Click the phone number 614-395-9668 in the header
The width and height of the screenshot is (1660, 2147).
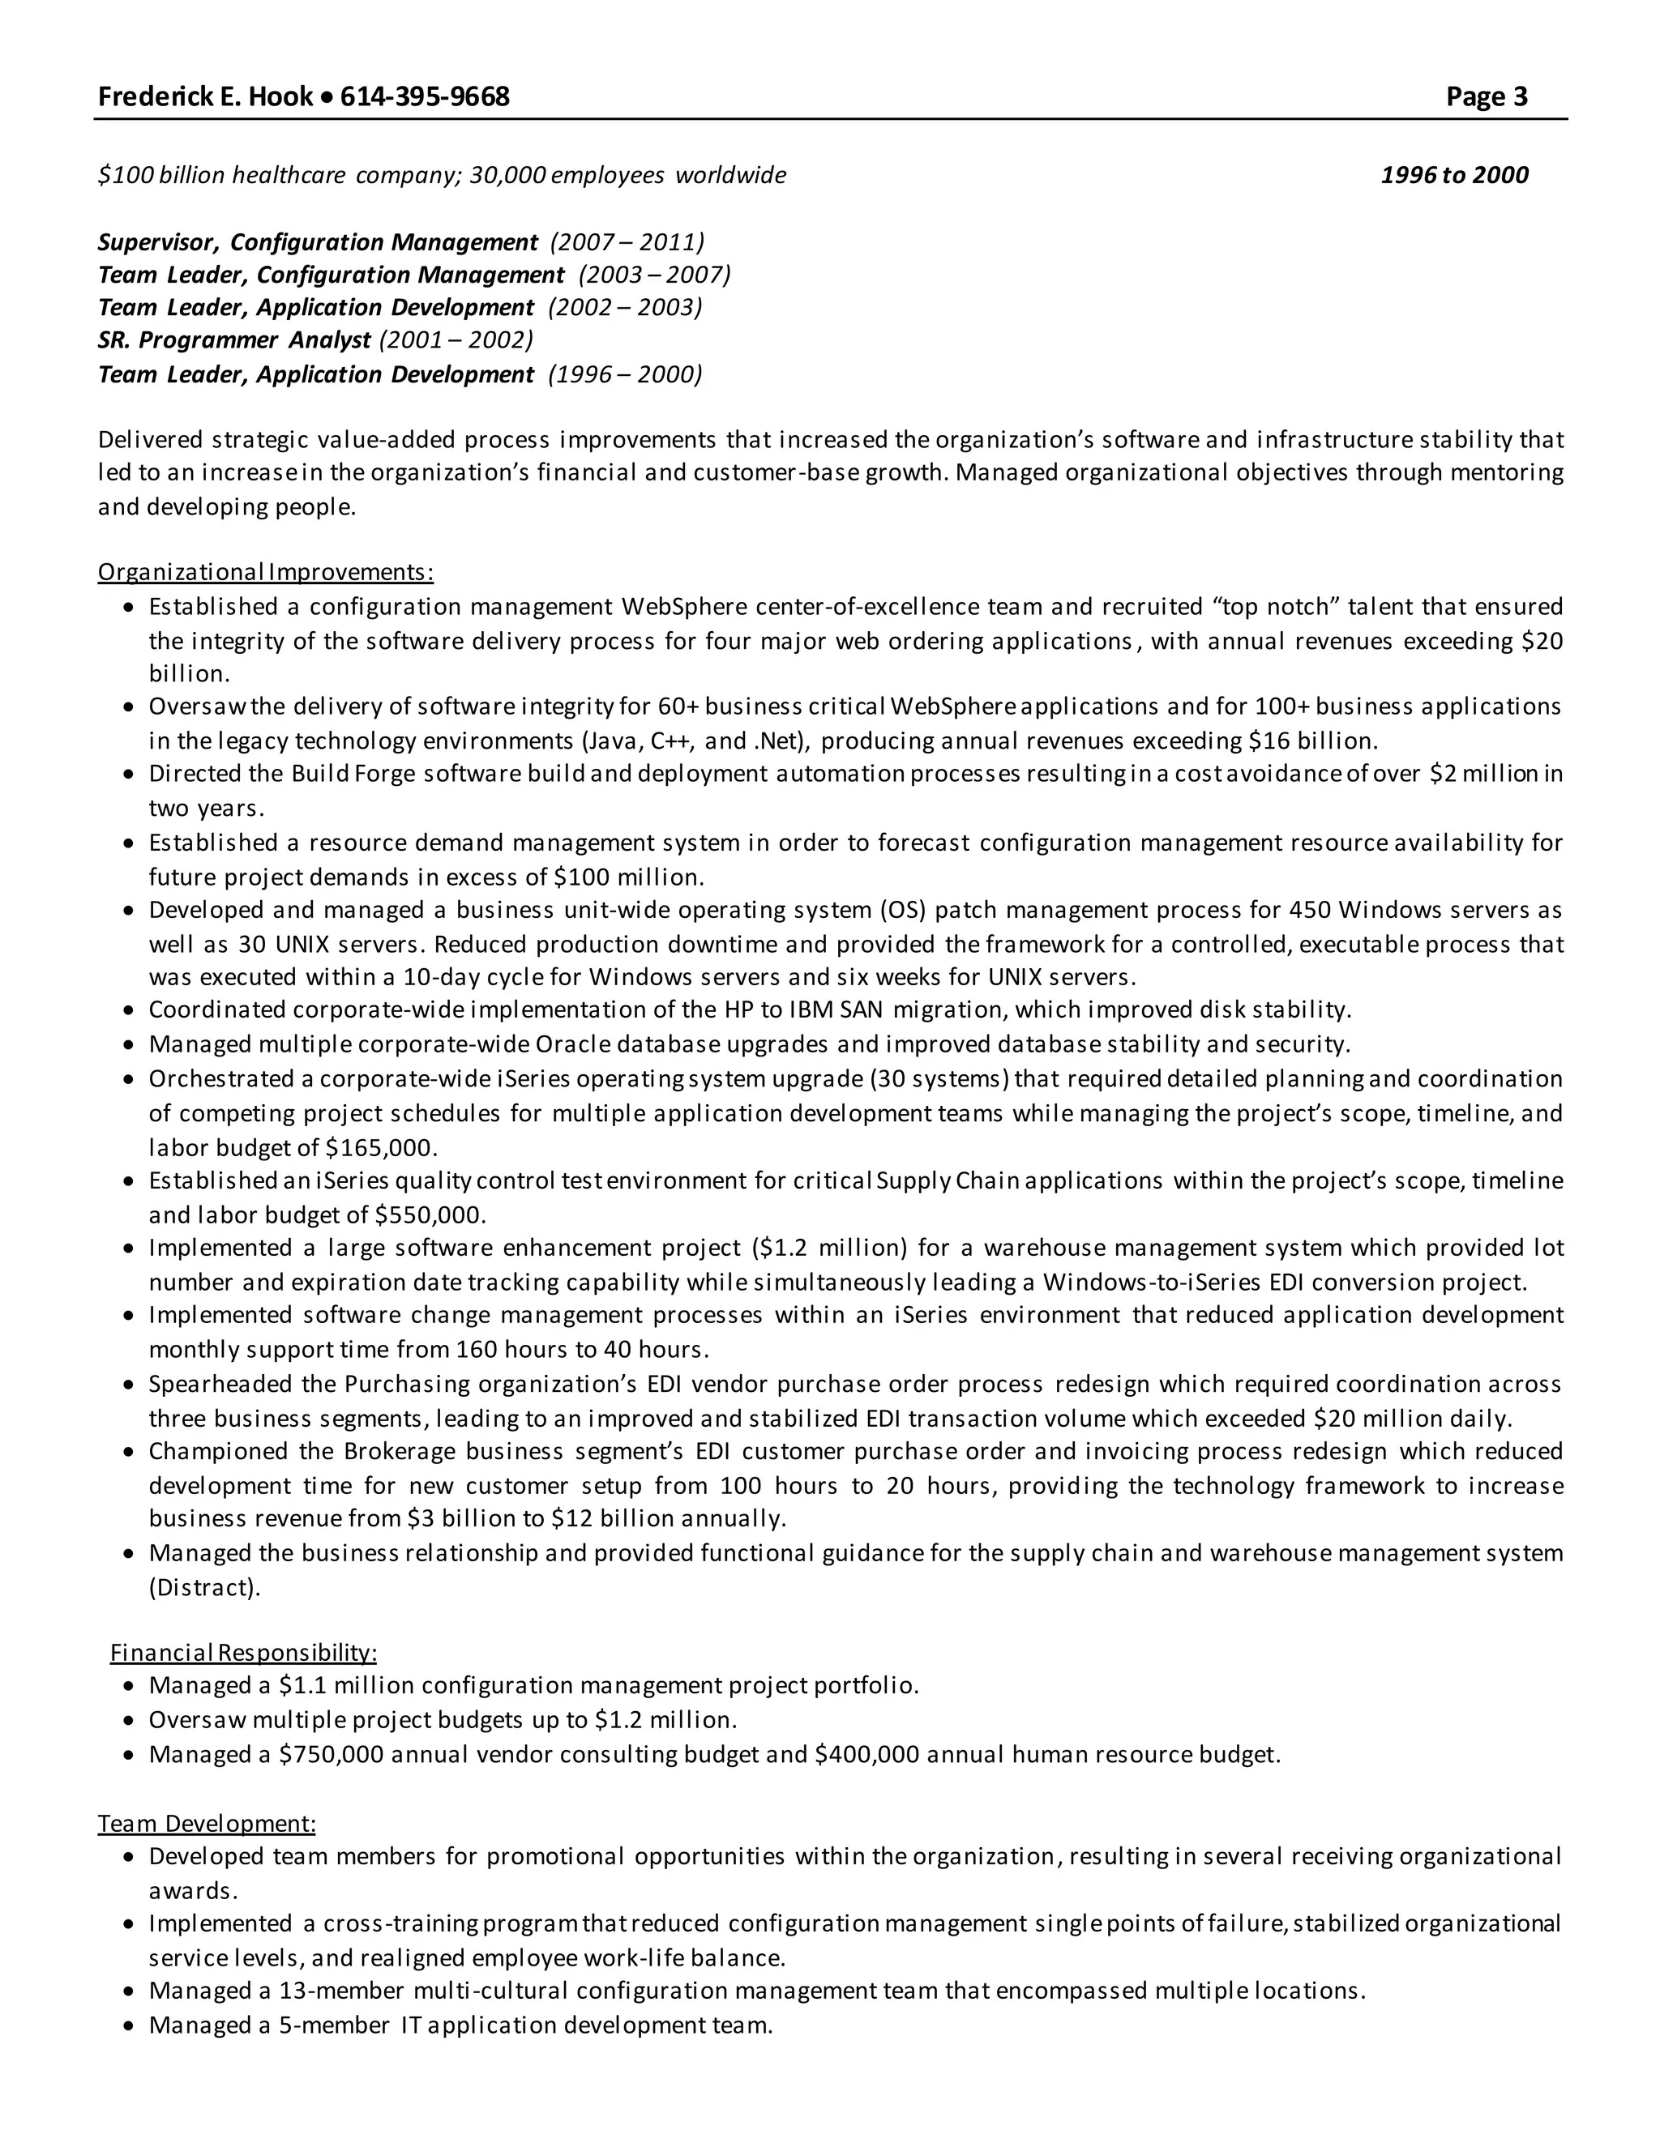pos(425,96)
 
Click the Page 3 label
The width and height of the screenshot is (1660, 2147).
pos(1486,96)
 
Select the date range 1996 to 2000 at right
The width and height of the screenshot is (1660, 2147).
pos(1453,175)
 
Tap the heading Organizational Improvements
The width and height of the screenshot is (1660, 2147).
pos(266,572)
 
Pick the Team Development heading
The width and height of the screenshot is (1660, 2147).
pos(207,1824)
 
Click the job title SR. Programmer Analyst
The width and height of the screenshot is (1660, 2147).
pos(234,340)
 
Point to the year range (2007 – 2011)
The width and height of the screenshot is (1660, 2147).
pos(627,241)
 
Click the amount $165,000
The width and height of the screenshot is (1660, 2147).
pos(381,1147)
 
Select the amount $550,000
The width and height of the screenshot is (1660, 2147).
pos(430,1215)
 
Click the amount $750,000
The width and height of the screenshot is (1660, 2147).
pos(332,1755)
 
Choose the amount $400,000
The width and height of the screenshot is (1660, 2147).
pos(866,1755)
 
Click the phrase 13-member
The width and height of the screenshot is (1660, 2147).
pos(341,1991)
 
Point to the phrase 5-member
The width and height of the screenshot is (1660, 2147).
pos(335,2025)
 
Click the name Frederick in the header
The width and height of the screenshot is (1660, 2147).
pos(148,96)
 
